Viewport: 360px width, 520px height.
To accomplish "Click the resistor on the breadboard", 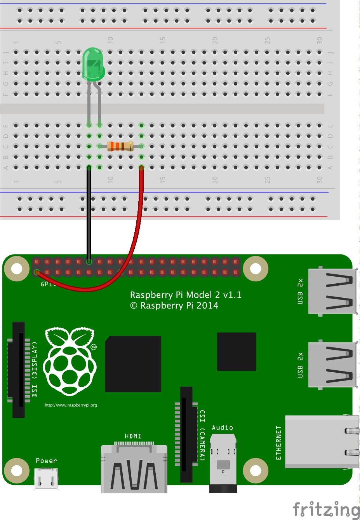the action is pyautogui.click(x=120, y=147).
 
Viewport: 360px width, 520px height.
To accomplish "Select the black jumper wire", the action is pyautogui.click(x=89, y=218).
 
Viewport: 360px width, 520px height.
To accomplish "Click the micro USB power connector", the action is pyautogui.click(x=46, y=478).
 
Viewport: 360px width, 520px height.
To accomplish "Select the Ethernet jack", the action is pyautogui.click(x=322, y=441).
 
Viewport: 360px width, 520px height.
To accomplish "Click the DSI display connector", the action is pyautogui.click(x=18, y=370).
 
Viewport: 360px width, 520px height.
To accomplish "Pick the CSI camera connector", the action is pyautogui.click(x=186, y=434).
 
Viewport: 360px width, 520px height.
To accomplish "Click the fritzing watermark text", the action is pyautogui.click(x=326, y=509).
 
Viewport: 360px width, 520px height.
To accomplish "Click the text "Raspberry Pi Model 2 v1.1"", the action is pyautogui.click(x=186, y=295).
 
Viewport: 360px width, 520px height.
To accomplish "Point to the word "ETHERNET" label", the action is pyautogui.click(x=278, y=443).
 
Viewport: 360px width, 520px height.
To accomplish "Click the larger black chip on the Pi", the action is pyautogui.click(x=133, y=364).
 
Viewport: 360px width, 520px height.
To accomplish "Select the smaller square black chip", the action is pyautogui.click(x=236, y=351).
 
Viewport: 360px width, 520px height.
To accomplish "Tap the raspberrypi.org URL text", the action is pyautogui.click(x=71, y=405).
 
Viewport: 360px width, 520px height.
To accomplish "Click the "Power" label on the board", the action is pyautogui.click(x=46, y=461).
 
